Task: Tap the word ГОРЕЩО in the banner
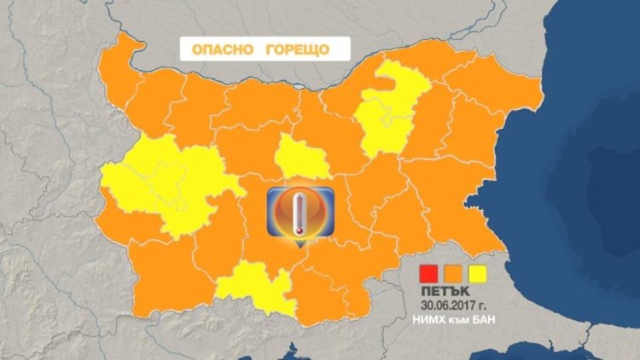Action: tap(295, 49)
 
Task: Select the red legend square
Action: tap(428, 274)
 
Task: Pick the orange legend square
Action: tap(453, 274)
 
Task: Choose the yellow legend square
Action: tap(479, 274)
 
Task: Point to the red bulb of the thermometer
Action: tap(296, 228)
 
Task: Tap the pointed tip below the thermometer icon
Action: tap(297, 247)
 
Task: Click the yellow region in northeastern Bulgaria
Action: tap(391, 107)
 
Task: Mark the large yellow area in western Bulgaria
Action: tap(162, 188)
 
